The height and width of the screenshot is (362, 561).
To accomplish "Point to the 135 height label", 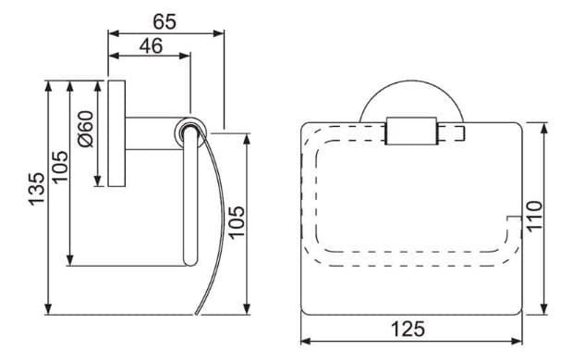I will [35, 190].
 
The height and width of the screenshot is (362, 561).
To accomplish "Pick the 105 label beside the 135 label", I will [59, 167].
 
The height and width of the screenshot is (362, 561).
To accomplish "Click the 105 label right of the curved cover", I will [236, 223].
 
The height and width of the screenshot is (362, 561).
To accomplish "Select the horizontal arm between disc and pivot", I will [152, 131].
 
